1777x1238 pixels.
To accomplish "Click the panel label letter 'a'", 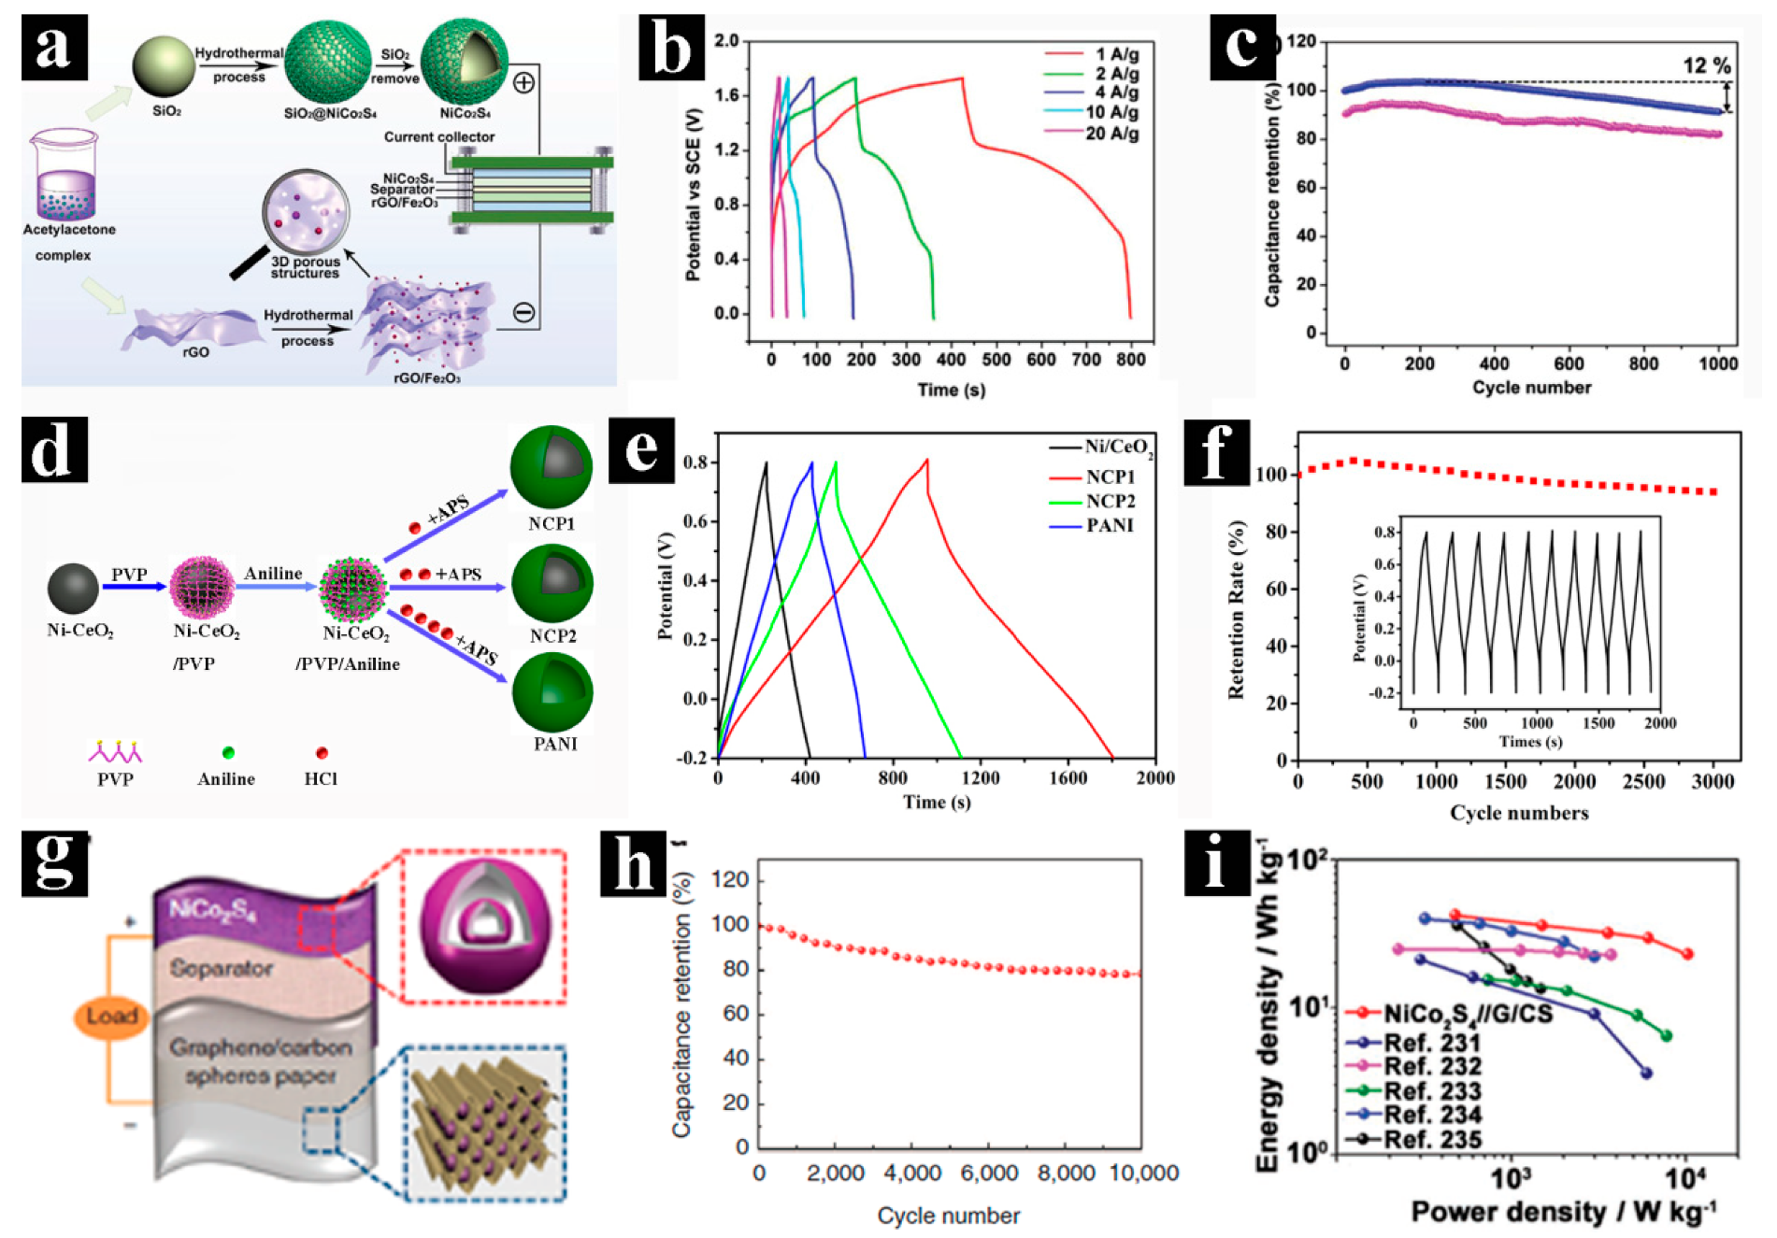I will tap(53, 47).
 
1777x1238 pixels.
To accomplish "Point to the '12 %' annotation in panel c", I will tap(1706, 65).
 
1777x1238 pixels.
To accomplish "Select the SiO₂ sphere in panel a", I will tap(163, 66).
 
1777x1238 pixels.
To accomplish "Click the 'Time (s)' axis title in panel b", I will tap(950, 390).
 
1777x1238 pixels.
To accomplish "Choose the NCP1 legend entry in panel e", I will tap(1110, 477).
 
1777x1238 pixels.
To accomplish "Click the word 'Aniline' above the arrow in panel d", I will tap(273, 574).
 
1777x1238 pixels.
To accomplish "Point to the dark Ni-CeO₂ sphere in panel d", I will tap(73, 589).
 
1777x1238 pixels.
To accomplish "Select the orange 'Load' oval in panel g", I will tap(111, 1017).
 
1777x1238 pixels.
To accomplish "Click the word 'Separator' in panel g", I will tap(221, 969).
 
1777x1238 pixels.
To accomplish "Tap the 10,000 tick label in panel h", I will tap(1143, 1174).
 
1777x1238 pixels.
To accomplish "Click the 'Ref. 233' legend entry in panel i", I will tap(1431, 1090).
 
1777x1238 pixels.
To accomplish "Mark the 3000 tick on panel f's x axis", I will tap(1712, 781).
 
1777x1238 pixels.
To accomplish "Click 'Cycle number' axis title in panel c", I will tap(1530, 388).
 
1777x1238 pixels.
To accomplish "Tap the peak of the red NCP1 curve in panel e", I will tap(926, 460).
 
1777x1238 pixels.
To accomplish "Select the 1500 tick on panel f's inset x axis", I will tap(1598, 723).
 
